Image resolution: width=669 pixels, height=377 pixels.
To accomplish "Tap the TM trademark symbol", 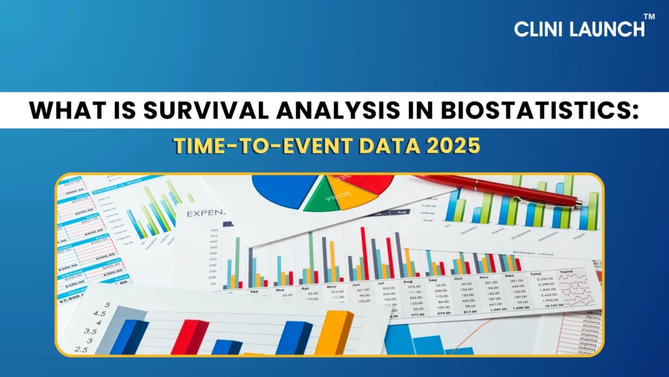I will click(649, 16).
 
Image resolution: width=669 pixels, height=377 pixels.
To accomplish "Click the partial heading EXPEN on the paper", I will click(205, 213).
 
